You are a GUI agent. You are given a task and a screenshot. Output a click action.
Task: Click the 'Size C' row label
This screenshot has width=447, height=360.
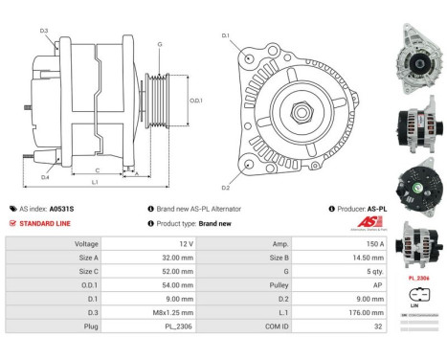[85, 271]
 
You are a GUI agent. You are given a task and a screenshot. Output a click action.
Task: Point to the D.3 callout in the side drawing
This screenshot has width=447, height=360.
[44, 31]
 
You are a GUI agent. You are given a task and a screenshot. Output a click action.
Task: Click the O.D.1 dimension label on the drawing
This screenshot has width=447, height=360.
[195, 101]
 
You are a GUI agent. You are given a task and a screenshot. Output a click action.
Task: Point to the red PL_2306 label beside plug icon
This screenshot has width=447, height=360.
[419, 275]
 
